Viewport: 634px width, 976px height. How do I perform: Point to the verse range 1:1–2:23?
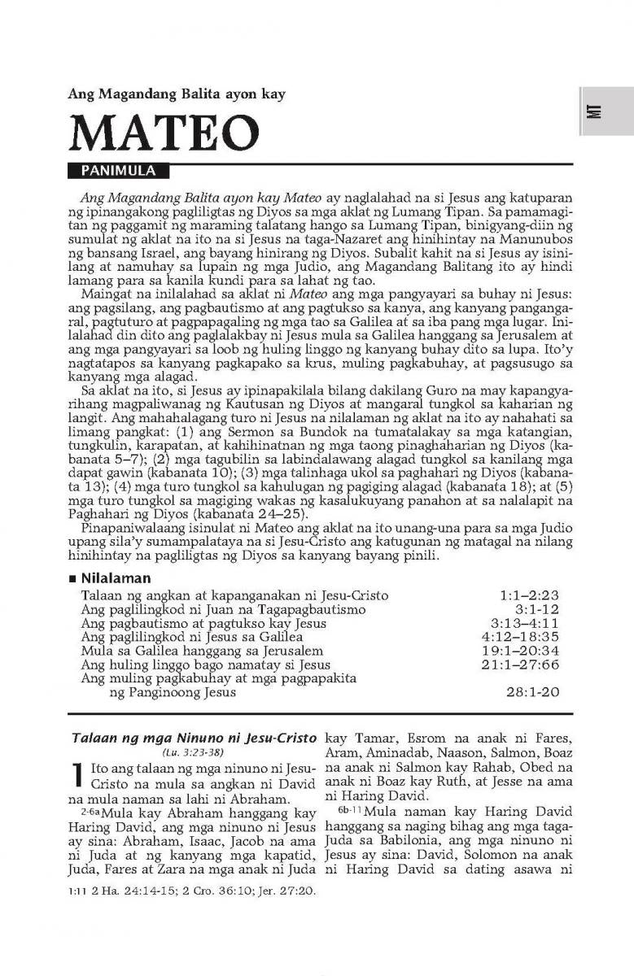pyautogui.click(x=529, y=596)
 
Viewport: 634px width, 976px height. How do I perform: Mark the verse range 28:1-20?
pyautogui.click(x=532, y=693)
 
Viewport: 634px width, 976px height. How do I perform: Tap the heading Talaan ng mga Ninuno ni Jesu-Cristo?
pyautogui.click(x=194, y=739)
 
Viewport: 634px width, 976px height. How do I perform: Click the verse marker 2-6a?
pyautogui.click(x=91, y=812)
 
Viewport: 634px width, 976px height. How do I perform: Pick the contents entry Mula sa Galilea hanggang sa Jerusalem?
pyautogui.click(x=202, y=651)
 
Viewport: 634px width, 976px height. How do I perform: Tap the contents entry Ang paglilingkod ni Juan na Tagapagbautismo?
pyautogui.click(x=214, y=610)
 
